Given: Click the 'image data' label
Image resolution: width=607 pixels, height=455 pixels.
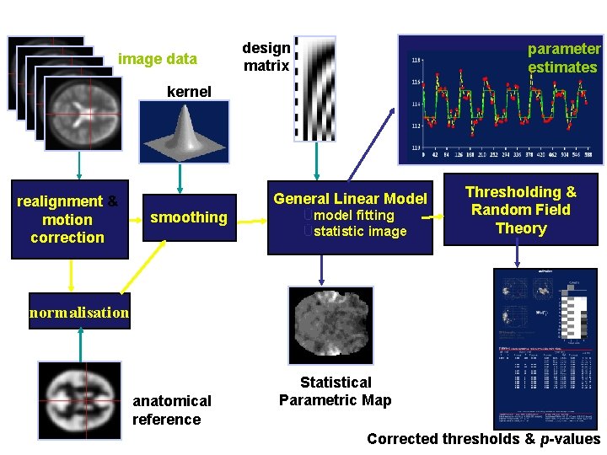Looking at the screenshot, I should tap(158, 59).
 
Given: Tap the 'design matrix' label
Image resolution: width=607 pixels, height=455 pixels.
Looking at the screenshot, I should tap(266, 56).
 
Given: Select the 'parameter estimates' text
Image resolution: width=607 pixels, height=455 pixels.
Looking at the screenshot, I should tap(563, 58).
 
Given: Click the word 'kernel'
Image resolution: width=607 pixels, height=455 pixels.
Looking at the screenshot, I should tap(189, 91).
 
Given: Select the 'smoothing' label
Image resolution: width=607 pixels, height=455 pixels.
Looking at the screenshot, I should tap(188, 217).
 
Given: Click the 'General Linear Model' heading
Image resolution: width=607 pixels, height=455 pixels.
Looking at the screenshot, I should tap(350, 199).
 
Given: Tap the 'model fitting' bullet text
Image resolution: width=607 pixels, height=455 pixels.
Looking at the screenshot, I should tap(353, 216).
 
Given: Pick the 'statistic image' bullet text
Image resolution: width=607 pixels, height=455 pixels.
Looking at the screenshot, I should tap(359, 231).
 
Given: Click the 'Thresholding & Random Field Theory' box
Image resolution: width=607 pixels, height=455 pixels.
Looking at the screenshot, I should tap(521, 210).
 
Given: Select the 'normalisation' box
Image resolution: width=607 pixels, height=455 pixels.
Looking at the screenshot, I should tap(79, 313).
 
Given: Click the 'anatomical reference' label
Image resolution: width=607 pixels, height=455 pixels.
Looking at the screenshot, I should tap(171, 410).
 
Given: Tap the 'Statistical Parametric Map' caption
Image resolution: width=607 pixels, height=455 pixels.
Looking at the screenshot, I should tap(336, 391).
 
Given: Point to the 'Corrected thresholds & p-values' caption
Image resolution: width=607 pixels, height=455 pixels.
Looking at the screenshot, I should tap(484, 439).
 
